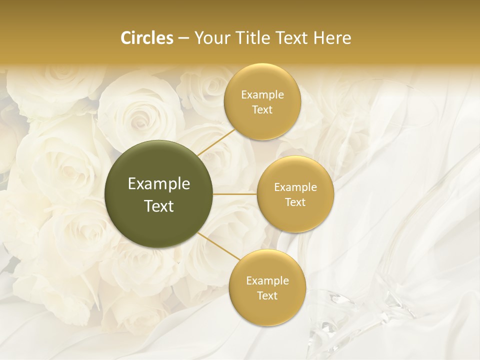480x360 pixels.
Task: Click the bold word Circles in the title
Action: click(147, 38)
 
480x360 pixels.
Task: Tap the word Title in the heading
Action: click(251, 38)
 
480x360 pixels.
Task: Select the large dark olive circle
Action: click(159, 194)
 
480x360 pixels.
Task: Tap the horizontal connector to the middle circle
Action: click(235, 194)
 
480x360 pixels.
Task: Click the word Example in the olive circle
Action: click(159, 184)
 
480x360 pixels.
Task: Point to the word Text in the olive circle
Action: click(159, 206)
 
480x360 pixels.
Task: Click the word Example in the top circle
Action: click(262, 95)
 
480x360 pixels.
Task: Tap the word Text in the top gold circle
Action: click(262, 110)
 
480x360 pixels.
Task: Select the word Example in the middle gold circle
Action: click(295, 187)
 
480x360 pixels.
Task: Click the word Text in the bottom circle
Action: click(267, 296)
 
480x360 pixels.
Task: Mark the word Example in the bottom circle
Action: click(267, 281)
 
